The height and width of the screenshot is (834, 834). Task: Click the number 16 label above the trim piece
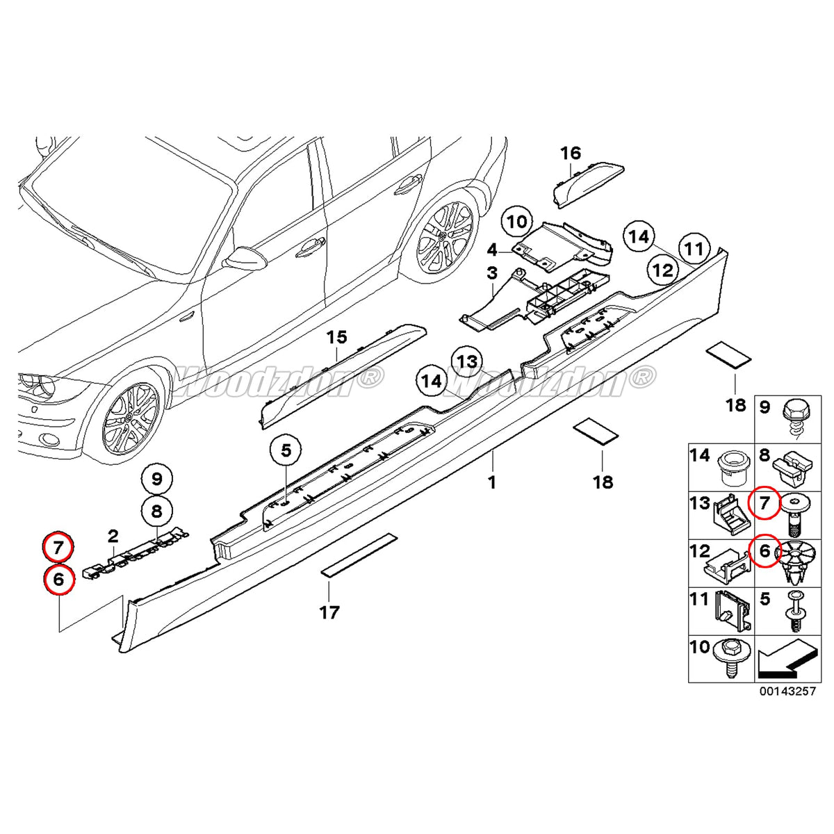click(x=570, y=153)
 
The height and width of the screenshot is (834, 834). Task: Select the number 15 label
click(x=336, y=338)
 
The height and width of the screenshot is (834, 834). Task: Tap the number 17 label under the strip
click(x=329, y=612)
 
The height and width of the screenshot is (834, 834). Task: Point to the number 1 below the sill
click(x=492, y=482)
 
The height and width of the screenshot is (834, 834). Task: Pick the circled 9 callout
click(x=156, y=479)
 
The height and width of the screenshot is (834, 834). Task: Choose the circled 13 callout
click(x=467, y=361)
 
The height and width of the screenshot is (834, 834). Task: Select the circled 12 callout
click(x=664, y=270)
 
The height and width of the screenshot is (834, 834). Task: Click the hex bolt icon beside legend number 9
click(x=794, y=413)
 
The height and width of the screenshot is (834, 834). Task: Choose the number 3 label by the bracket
click(x=492, y=273)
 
